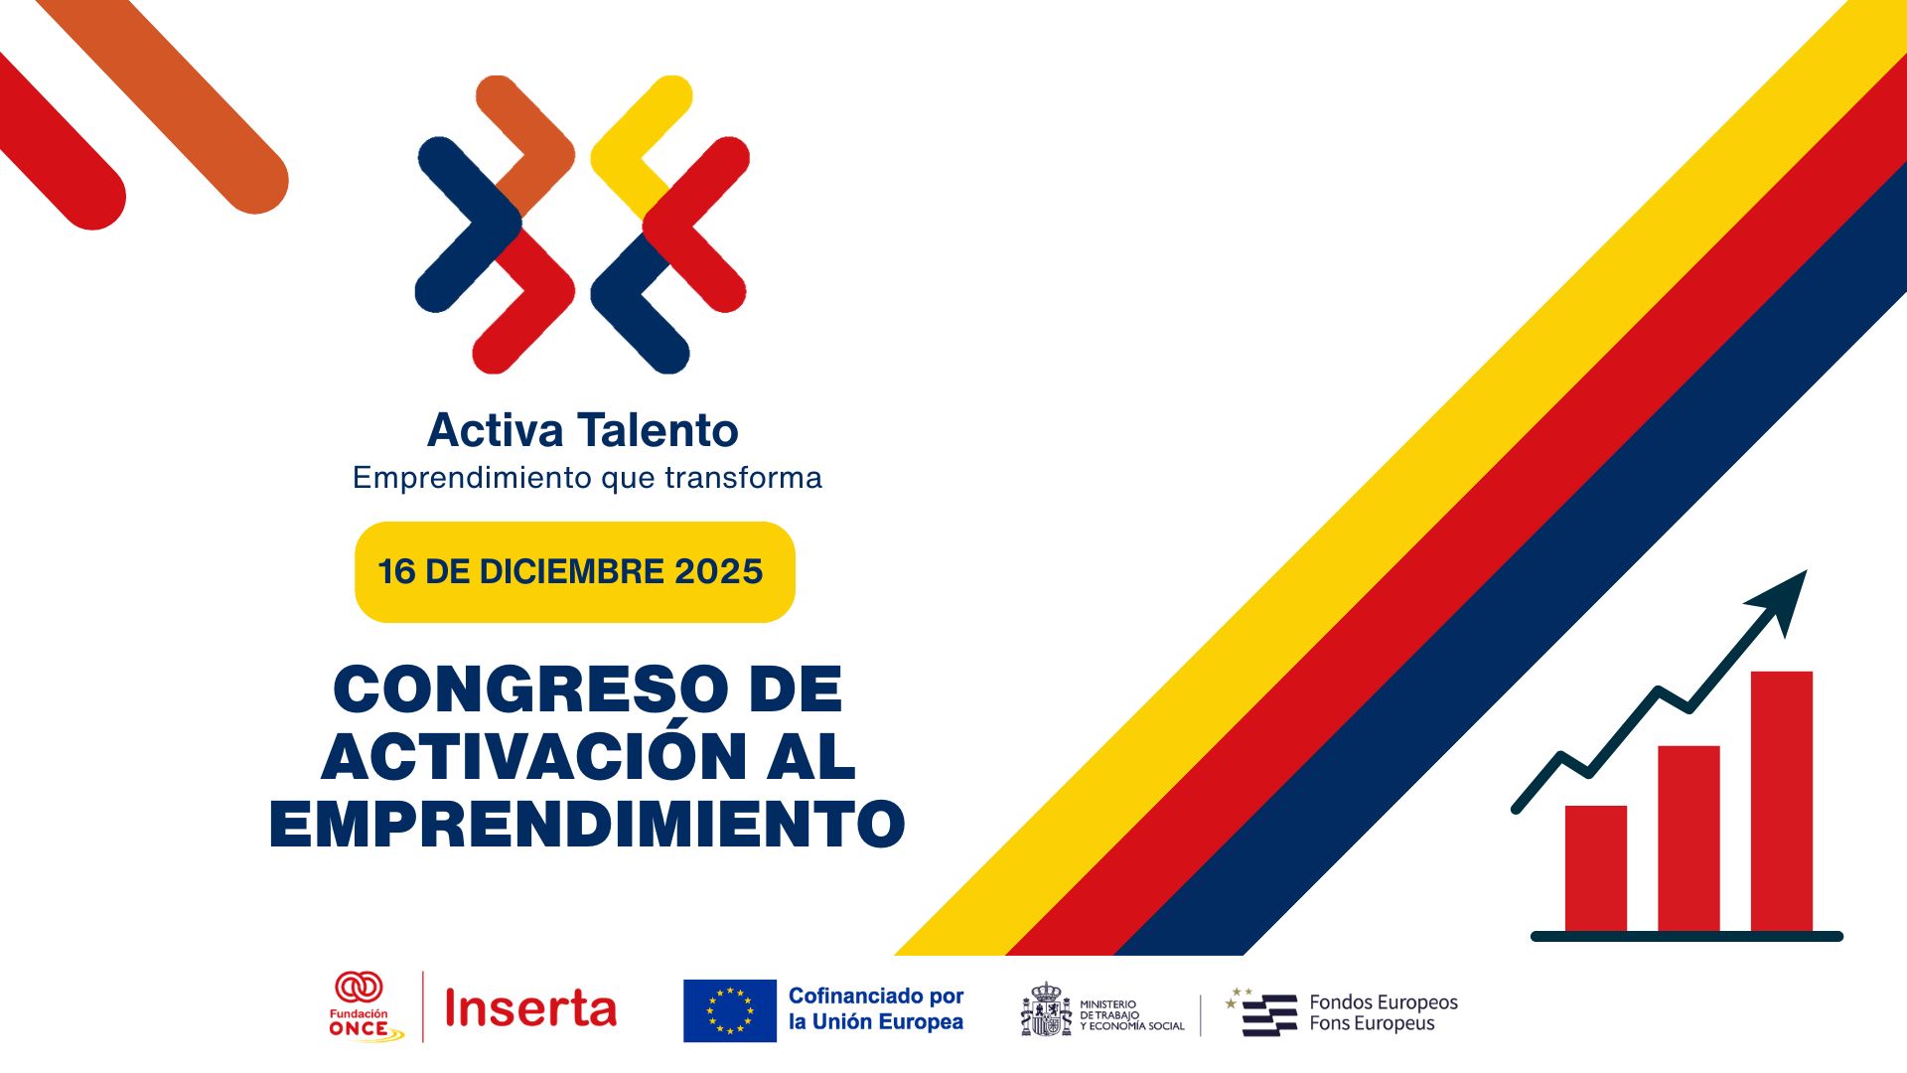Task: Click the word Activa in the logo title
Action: tap(495, 430)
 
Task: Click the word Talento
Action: tap(659, 430)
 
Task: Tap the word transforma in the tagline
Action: tap(743, 478)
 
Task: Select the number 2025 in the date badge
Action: tap(718, 571)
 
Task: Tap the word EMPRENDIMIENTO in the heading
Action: tap(587, 824)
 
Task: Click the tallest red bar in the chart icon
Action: tap(1782, 801)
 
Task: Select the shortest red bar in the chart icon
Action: tap(1596, 868)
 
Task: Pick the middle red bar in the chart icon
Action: tap(1688, 839)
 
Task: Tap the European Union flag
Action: tap(730, 1010)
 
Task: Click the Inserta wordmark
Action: tap(530, 1008)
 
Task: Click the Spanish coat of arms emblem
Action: tap(1047, 1010)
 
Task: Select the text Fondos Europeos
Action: tap(1384, 1002)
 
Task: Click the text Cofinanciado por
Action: tap(876, 996)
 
